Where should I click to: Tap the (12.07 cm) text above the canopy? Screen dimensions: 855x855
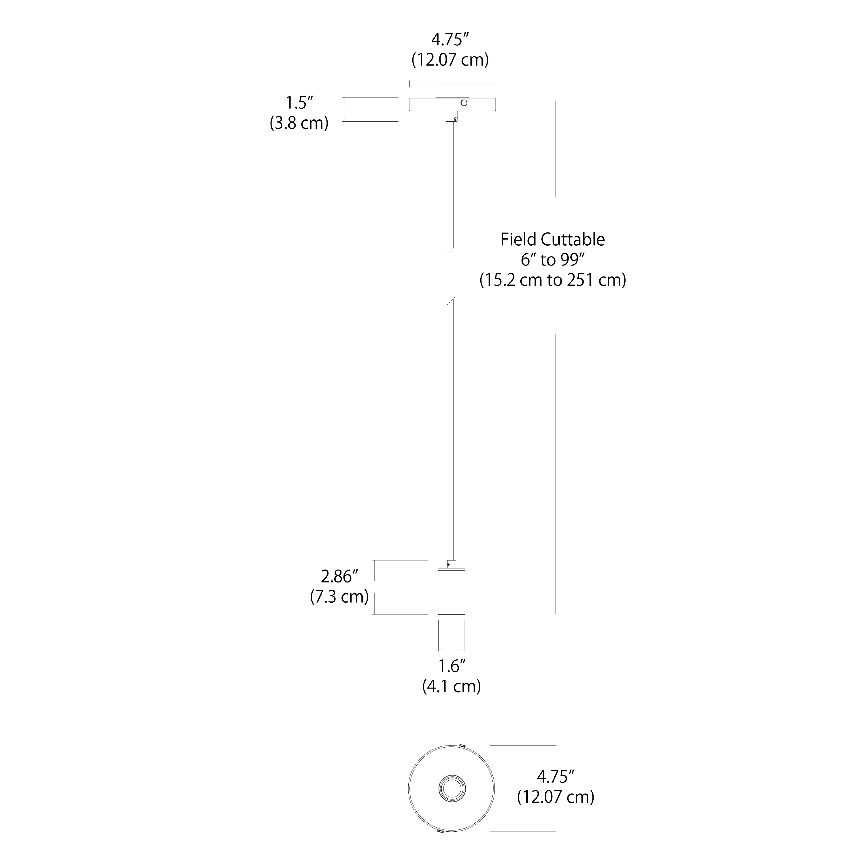(450, 60)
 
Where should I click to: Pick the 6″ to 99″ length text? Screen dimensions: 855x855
(553, 260)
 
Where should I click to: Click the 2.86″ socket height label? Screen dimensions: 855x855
(339, 577)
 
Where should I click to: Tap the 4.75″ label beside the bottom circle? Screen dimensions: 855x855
(555, 777)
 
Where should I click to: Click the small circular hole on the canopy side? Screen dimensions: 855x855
(464, 103)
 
